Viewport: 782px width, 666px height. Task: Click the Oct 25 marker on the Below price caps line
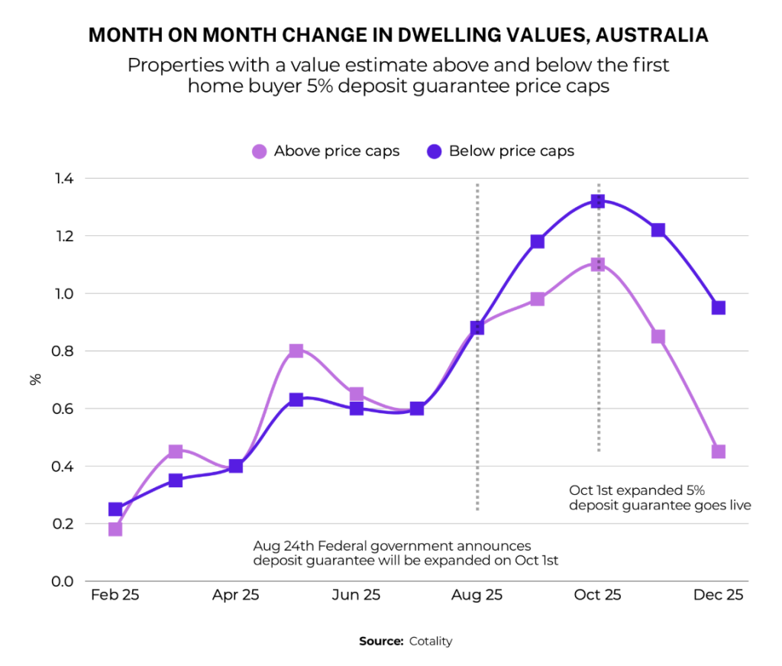pyautogui.click(x=598, y=201)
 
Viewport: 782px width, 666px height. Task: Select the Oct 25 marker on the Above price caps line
pyautogui.click(x=598, y=264)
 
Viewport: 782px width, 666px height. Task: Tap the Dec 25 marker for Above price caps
pyautogui.click(x=719, y=451)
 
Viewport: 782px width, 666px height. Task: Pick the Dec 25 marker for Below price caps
pyautogui.click(x=719, y=308)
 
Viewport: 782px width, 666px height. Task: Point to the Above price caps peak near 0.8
pyautogui.click(x=296, y=351)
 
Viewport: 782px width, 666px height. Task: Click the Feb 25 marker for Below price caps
pyautogui.click(x=115, y=509)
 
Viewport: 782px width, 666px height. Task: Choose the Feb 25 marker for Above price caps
pyautogui.click(x=115, y=529)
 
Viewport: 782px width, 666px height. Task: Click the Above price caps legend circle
pyautogui.click(x=260, y=151)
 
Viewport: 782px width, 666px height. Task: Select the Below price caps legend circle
pyautogui.click(x=435, y=151)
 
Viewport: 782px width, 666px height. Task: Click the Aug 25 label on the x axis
pyautogui.click(x=477, y=595)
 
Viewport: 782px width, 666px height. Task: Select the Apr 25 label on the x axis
pyautogui.click(x=235, y=595)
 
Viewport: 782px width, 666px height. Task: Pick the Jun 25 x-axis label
pyautogui.click(x=357, y=595)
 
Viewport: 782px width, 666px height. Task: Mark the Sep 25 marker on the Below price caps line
pyautogui.click(x=538, y=241)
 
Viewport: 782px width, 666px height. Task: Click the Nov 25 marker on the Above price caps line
pyautogui.click(x=658, y=337)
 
